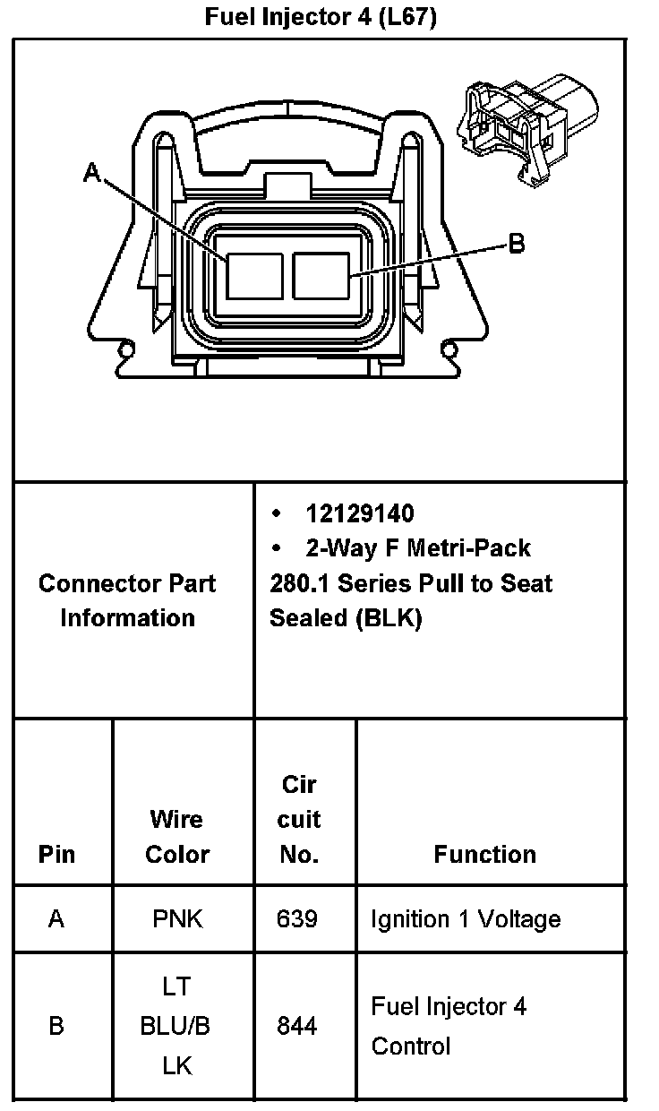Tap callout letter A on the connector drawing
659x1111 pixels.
point(91,172)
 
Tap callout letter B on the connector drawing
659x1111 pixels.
point(517,243)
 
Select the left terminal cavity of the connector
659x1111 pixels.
point(253,275)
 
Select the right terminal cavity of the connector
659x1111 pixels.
point(321,275)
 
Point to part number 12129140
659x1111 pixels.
point(360,513)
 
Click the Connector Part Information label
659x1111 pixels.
point(127,600)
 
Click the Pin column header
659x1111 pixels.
point(57,854)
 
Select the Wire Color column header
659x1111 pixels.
point(177,836)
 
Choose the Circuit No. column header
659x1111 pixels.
point(299,819)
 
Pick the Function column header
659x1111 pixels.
point(484,854)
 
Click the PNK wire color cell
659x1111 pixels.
point(177,919)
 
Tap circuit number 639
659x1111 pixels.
point(297,919)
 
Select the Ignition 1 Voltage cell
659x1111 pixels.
point(466,919)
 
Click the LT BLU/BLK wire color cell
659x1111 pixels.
point(176,1026)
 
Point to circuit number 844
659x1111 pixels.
point(297,1026)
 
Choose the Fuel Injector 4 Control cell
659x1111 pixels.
point(449,1026)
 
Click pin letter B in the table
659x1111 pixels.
point(56,1026)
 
